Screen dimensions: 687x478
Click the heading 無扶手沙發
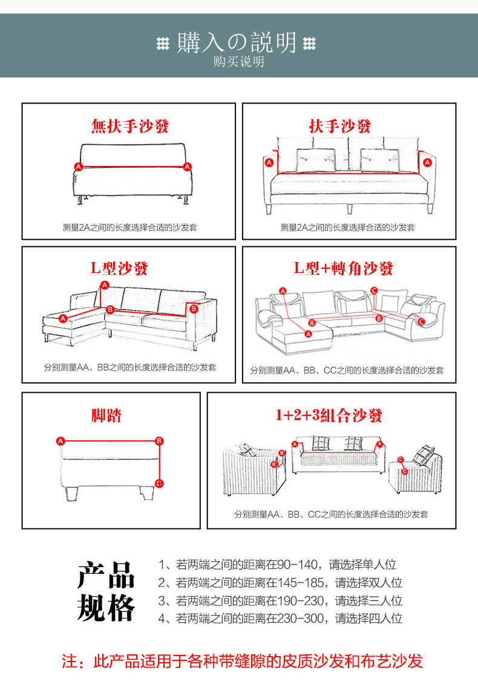129,127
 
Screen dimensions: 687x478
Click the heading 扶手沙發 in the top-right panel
339,127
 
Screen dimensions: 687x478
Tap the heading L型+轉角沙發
344,268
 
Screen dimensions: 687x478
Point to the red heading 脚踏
106,415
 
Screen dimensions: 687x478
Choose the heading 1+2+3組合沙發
329,415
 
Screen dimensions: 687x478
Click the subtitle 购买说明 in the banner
238,62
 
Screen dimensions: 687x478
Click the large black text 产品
106,574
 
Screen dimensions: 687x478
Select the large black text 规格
106,607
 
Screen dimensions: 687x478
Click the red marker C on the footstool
159,483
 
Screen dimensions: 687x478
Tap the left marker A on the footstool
60,441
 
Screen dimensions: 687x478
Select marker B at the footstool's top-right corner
159,441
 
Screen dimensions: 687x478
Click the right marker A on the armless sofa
188,166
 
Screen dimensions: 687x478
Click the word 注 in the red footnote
70,661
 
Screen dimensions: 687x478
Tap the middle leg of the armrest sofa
350,209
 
